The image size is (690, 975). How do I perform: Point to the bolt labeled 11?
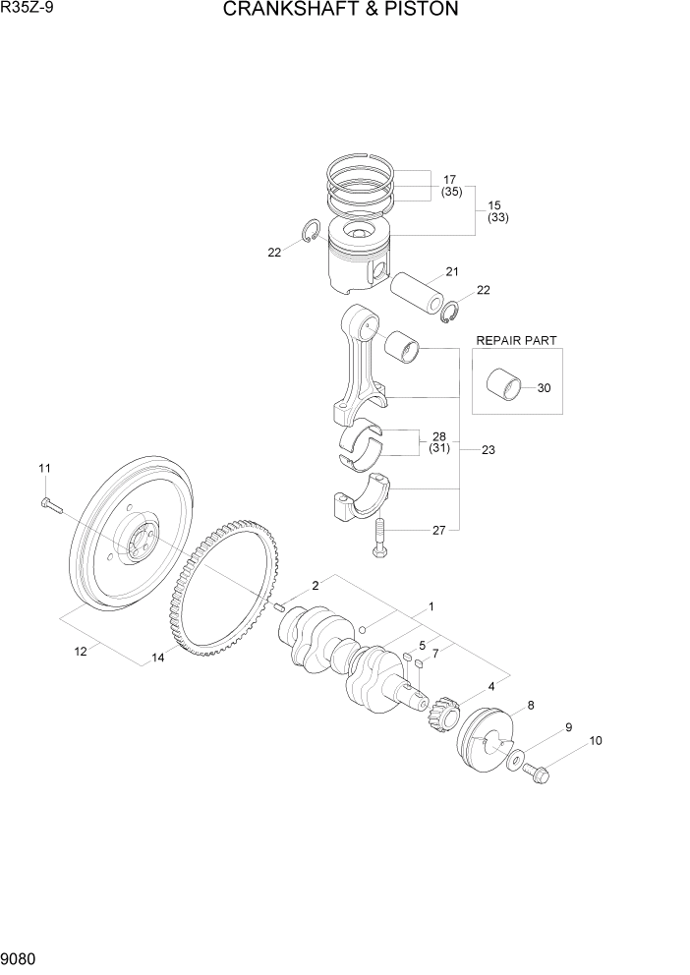click(51, 506)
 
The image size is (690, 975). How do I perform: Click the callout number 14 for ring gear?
click(157, 659)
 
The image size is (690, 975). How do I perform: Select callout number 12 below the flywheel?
click(82, 650)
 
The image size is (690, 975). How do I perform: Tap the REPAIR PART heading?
click(516, 340)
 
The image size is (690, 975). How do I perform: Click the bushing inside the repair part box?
click(504, 384)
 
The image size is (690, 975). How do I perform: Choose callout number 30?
click(544, 387)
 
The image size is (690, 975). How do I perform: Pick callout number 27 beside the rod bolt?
click(438, 531)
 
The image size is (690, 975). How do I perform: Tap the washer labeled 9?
click(514, 760)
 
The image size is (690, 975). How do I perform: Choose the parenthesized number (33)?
click(497, 218)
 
